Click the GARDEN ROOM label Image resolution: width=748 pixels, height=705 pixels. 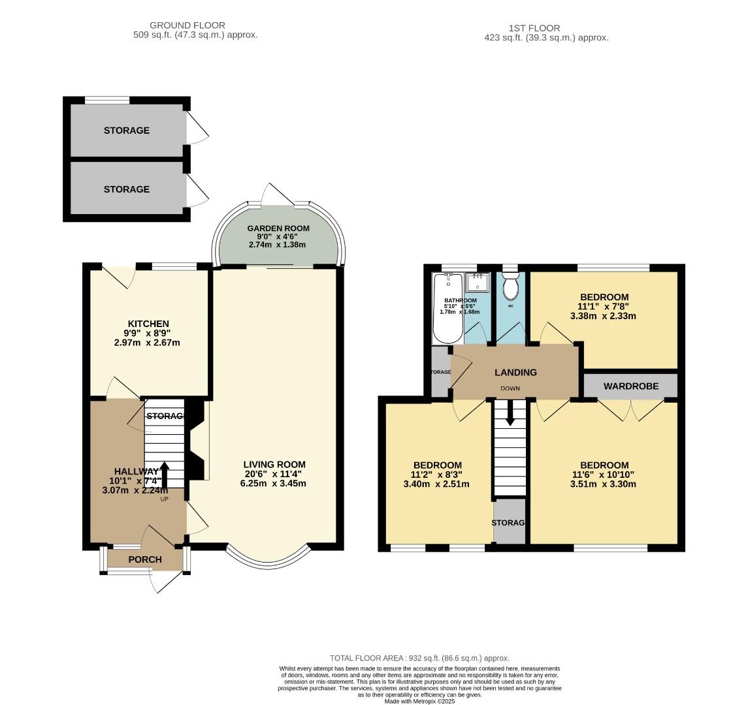click(x=278, y=228)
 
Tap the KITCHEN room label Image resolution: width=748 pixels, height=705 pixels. click(x=148, y=324)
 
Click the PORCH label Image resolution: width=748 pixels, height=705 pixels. click(x=144, y=559)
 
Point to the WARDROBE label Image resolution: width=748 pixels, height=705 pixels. click(x=630, y=386)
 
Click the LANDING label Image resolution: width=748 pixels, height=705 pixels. click(x=515, y=372)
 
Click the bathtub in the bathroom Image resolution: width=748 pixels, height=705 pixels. click(x=447, y=310)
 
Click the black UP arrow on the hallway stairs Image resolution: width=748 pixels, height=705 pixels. click(x=163, y=474)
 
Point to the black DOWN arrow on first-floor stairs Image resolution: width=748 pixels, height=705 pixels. click(x=510, y=413)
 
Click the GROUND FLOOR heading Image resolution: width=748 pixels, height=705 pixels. click(x=187, y=25)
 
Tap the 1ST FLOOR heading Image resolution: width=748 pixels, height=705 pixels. click(x=534, y=28)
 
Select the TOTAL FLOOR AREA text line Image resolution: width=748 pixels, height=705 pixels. click(x=419, y=658)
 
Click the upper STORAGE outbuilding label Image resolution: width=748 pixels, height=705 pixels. click(x=127, y=131)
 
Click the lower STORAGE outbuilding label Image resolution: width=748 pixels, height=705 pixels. click(x=127, y=189)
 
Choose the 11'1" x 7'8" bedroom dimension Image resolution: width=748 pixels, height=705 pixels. click(x=604, y=306)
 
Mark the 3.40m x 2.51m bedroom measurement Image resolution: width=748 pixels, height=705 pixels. click(x=436, y=484)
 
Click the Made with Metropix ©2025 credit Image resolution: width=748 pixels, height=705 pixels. click(x=419, y=701)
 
